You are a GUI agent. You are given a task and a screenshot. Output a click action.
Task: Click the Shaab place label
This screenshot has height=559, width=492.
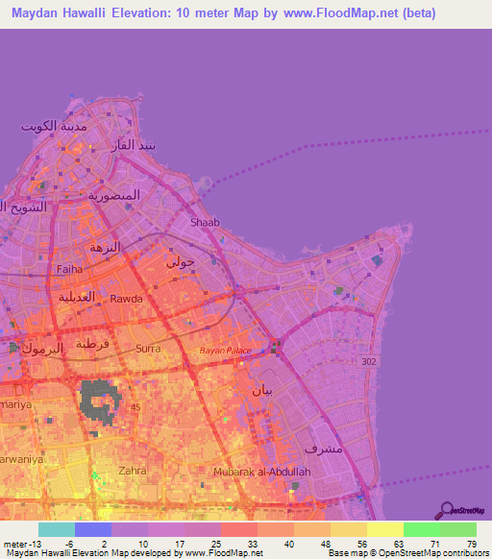tap(205, 222)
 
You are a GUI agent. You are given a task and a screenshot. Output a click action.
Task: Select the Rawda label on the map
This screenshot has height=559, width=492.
tap(126, 299)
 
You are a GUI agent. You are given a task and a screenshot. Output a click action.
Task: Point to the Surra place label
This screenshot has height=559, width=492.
tap(148, 349)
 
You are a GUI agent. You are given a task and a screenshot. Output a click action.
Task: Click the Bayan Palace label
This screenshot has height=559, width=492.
tap(225, 351)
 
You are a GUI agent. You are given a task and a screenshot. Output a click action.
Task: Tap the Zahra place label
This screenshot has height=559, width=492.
tap(132, 471)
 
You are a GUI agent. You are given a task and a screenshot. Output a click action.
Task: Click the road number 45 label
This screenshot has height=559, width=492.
tap(135, 406)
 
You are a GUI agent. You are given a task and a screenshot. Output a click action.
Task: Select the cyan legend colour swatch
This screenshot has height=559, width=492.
tap(57, 529)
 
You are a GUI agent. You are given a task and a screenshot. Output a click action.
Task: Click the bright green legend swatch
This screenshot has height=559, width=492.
tap(421, 529)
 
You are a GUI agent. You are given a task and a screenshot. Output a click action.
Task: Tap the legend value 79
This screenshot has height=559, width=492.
tap(471, 544)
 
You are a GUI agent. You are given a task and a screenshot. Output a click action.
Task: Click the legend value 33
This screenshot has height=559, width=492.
tap(254, 544)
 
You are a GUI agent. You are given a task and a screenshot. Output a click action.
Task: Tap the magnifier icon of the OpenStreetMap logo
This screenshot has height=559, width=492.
tap(446, 510)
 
